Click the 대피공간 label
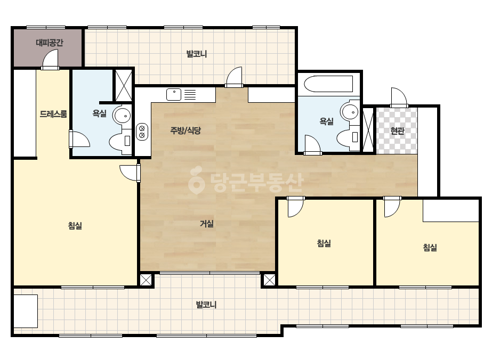49,42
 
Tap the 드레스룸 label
53,113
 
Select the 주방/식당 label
185,130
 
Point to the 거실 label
207,224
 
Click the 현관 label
397,130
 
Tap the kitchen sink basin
174,94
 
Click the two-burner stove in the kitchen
142,132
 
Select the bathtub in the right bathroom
328,84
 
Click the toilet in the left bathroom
120,142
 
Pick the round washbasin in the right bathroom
350,111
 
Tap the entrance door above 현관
399,97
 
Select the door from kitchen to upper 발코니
234,77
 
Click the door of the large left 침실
130,173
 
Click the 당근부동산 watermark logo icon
196,180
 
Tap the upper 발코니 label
197,54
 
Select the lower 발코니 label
206,305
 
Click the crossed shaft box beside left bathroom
124,85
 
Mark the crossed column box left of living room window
146,280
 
